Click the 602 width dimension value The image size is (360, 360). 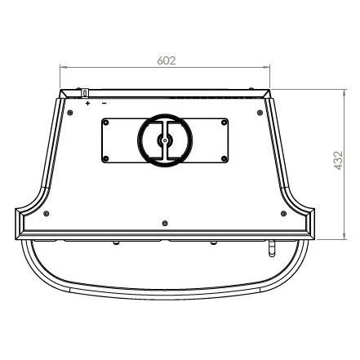click(x=167, y=60)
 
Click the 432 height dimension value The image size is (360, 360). click(x=338, y=161)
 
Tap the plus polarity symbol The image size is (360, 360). click(x=87, y=103)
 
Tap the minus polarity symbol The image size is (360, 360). click(x=104, y=103)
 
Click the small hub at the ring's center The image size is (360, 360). click(x=165, y=140)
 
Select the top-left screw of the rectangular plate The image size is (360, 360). click(x=106, y=122)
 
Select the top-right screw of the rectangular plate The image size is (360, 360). click(x=224, y=122)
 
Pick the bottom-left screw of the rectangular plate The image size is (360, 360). click(x=106, y=158)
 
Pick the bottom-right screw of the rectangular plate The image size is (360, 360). click(x=224, y=158)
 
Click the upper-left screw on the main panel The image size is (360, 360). click(x=70, y=113)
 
